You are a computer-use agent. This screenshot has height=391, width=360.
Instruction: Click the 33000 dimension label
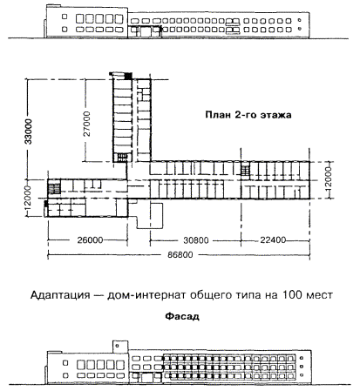[29, 131]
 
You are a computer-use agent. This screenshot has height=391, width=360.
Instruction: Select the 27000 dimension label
[87, 124]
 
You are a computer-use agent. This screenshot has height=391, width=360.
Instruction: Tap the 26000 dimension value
[90, 240]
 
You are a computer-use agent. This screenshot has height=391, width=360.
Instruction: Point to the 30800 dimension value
[196, 240]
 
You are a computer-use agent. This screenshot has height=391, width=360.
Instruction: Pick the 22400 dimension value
[273, 240]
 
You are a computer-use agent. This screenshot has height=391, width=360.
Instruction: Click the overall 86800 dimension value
[180, 255]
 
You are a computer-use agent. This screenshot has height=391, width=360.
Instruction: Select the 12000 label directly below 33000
[27, 200]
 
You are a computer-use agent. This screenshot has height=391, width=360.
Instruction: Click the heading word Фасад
[182, 316]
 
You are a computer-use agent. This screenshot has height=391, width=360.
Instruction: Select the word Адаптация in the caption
[60, 295]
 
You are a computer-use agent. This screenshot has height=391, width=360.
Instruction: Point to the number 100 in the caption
[292, 295]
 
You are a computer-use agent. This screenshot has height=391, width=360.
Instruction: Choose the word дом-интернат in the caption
[146, 295]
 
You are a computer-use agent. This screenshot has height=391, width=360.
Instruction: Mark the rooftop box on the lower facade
[120, 347]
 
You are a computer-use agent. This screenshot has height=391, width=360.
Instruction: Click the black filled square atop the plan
[128, 76]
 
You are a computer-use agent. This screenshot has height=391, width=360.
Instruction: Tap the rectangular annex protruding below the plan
[151, 215]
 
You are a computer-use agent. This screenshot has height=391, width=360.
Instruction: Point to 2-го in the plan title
[246, 115]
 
